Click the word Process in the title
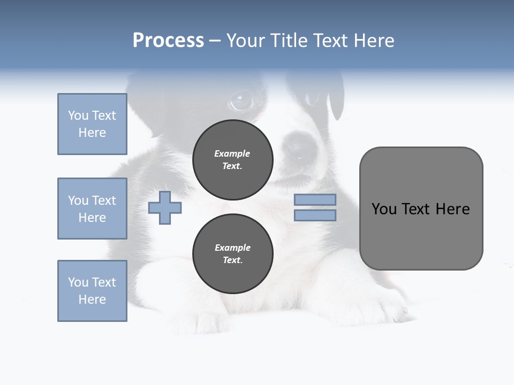[168, 41]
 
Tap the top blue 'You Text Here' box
[92, 124]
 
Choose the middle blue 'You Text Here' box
[92, 209]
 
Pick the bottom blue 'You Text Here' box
[92, 291]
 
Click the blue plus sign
[165, 207]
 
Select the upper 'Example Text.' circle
[232, 160]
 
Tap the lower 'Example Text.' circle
[232, 254]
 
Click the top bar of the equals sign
[315, 199]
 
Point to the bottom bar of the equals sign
[315, 215]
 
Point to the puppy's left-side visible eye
[241, 100]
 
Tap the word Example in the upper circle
[232, 153]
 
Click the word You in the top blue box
[78, 115]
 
